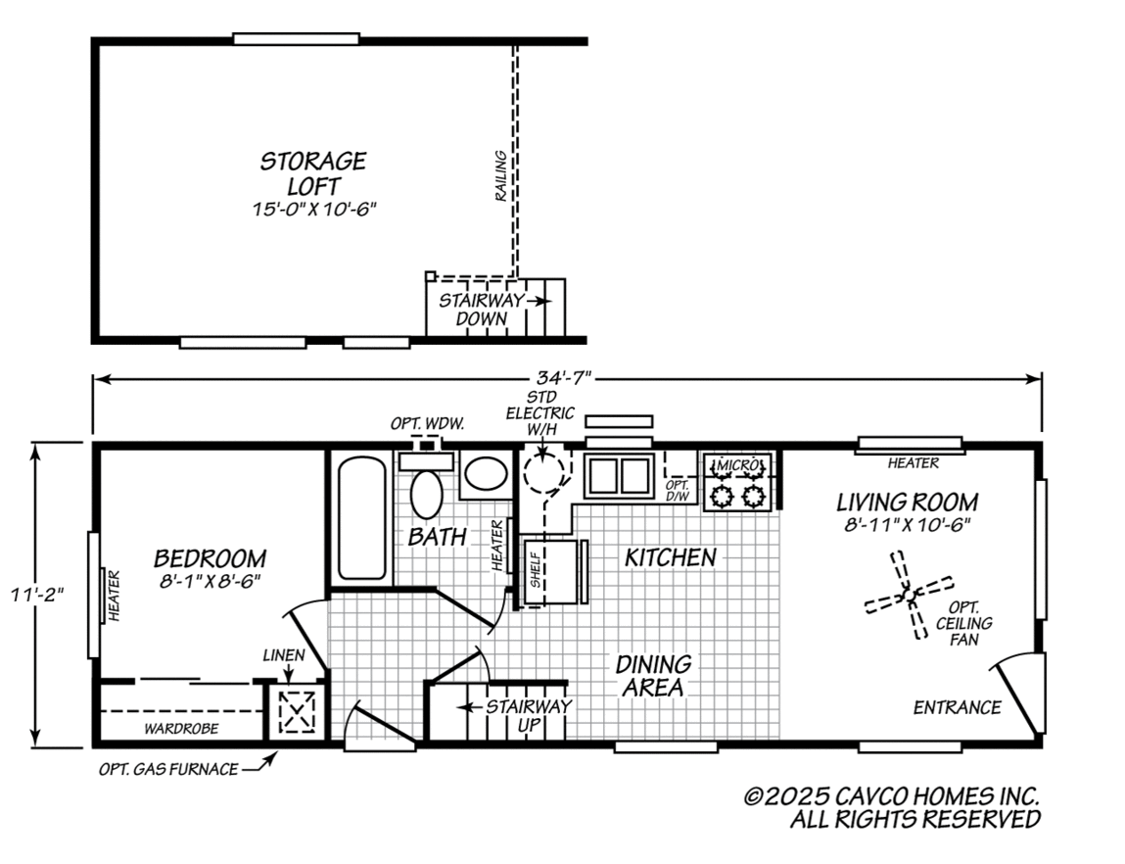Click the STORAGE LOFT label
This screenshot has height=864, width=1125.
pyautogui.click(x=312, y=172)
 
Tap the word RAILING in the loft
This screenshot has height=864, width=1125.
pyautogui.click(x=500, y=176)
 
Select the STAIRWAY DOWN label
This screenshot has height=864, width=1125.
pyautogui.click(x=481, y=310)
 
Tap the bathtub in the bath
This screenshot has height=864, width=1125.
pyautogui.click(x=361, y=519)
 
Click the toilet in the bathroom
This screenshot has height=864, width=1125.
pyautogui.click(x=426, y=491)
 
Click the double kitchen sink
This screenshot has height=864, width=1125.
pyautogui.click(x=619, y=475)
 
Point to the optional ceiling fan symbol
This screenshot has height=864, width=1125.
pyautogui.click(x=908, y=594)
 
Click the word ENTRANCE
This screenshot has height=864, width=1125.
pyautogui.click(x=957, y=707)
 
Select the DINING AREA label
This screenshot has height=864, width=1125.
pyautogui.click(x=653, y=676)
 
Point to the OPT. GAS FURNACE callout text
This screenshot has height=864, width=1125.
pyautogui.click(x=167, y=770)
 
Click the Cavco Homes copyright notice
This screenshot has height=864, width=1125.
pyautogui.click(x=891, y=808)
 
